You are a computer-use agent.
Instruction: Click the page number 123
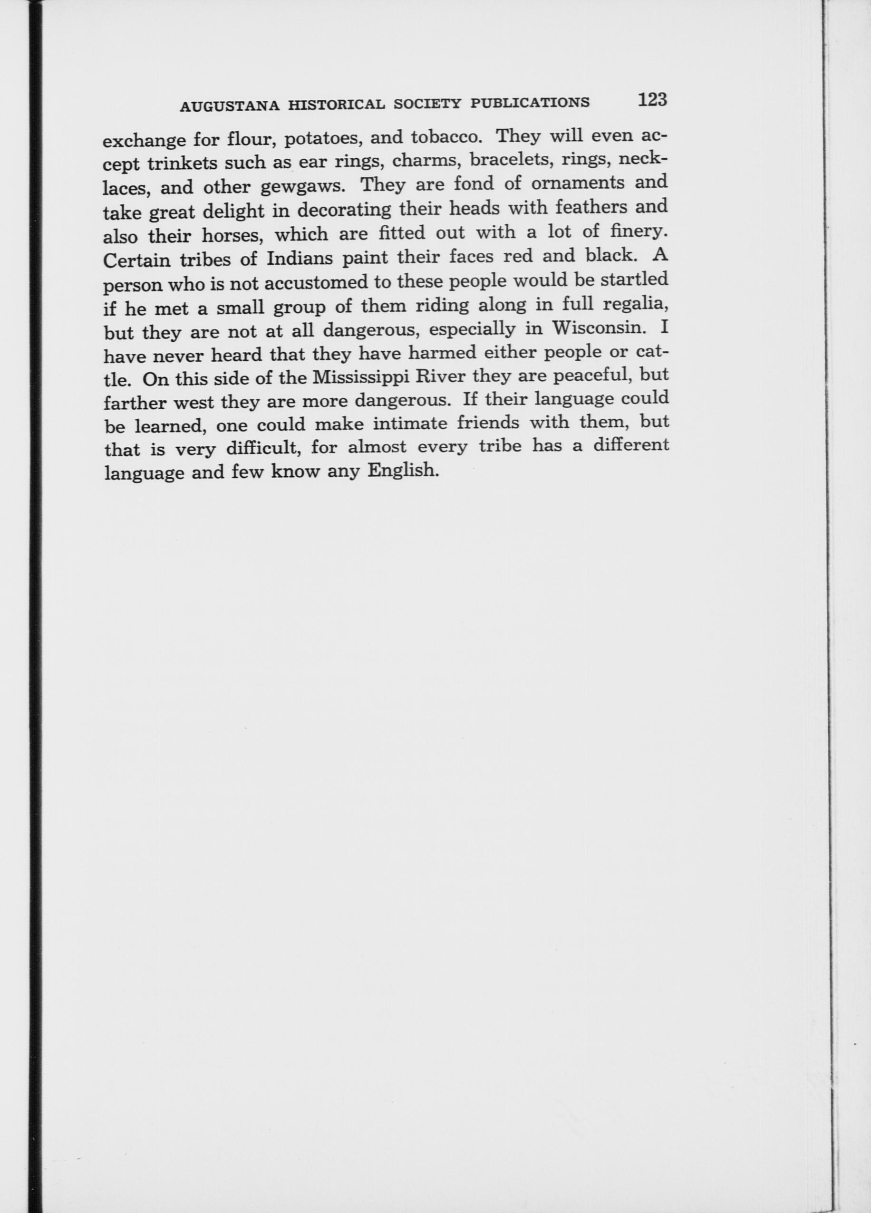click(652, 99)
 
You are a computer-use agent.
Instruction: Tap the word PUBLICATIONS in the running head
click(530, 102)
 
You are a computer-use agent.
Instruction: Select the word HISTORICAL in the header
click(336, 105)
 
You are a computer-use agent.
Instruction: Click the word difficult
click(261, 448)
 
